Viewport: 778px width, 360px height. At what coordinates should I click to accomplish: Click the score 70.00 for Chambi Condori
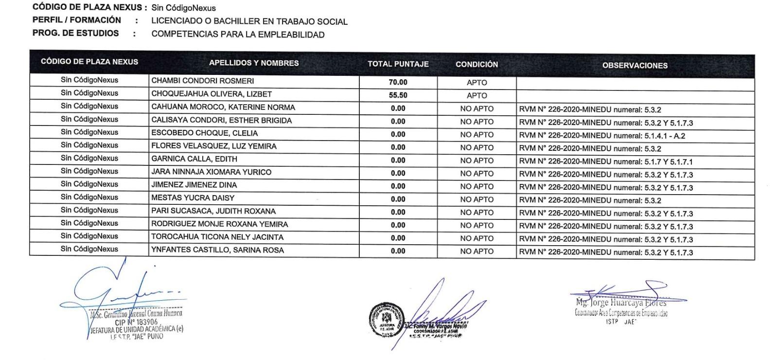398,82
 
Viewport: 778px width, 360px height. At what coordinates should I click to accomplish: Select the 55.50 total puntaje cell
398,95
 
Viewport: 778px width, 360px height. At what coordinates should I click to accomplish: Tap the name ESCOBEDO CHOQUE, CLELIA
204,133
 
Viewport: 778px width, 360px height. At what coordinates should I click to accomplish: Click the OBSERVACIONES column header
635,66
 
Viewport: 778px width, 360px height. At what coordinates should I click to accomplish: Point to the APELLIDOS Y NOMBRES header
253,63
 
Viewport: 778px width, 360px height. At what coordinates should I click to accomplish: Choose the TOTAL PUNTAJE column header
398,64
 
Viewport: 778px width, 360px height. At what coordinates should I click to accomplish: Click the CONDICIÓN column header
477,65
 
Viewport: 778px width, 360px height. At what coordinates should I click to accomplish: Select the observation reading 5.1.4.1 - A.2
602,136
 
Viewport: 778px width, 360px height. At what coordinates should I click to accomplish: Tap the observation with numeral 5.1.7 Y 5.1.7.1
605,162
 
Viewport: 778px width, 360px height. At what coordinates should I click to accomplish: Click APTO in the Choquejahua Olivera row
477,96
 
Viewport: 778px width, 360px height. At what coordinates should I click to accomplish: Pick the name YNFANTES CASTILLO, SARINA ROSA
217,250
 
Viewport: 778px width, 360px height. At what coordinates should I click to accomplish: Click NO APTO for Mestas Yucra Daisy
477,199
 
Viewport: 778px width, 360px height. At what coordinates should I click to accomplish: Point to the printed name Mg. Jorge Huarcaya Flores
621,303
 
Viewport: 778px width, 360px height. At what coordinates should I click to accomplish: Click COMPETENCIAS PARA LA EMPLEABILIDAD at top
238,35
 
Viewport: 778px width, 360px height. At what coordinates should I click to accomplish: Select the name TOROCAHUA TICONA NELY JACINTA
217,237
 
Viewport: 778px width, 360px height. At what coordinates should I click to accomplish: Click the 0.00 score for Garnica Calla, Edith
398,160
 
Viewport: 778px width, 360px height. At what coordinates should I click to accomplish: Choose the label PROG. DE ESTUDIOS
75,33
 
